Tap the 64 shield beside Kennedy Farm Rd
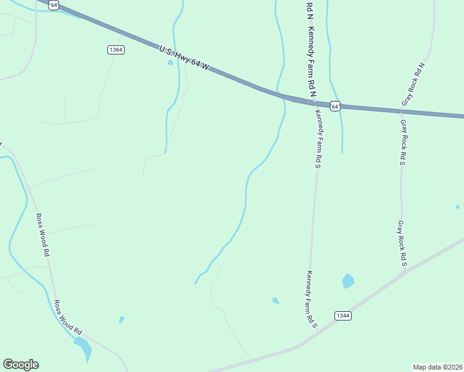tap(335, 106)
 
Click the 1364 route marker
tap(115, 50)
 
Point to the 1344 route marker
tap(343, 316)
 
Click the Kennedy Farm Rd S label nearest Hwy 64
tap(318, 138)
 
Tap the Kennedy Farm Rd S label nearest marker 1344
tap(310, 299)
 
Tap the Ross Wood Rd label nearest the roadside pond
tap(68, 317)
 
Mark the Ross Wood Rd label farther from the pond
tap(42, 235)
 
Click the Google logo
tap(20, 365)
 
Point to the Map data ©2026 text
tap(437, 367)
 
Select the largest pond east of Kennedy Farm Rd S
tap(348, 281)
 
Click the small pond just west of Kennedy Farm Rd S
tap(275, 301)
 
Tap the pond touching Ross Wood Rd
tap(84, 348)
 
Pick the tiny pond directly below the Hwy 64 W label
tap(170, 63)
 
